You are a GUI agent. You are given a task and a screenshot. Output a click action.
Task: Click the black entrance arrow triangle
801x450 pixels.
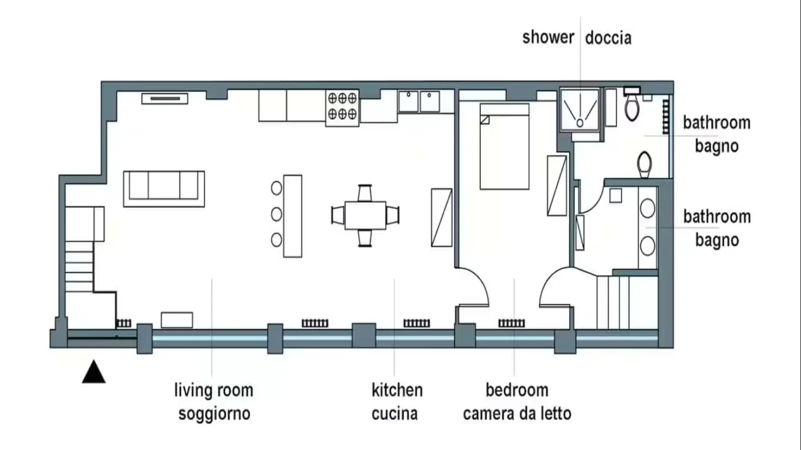point(94,372)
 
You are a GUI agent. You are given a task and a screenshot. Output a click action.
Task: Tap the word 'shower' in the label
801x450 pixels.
point(548,37)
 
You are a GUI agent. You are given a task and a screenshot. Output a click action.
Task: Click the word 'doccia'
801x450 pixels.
point(608,38)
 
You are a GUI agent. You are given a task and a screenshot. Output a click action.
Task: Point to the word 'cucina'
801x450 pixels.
point(395,413)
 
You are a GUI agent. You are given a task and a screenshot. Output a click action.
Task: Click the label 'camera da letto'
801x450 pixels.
point(517,413)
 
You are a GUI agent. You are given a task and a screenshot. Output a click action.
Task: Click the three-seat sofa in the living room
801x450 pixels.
point(164,189)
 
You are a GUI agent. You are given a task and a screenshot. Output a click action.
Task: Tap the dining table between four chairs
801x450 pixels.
point(365,215)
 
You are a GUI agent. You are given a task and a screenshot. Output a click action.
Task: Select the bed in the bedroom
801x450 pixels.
point(505,146)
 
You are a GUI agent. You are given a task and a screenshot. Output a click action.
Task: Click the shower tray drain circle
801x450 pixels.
point(580,123)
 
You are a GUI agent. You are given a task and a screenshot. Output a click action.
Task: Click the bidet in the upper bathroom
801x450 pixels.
point(644,164)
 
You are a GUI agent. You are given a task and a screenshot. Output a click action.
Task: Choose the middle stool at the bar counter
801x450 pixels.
point(276,214)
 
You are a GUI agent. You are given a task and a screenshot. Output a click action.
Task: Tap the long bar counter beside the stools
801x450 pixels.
point(292,216)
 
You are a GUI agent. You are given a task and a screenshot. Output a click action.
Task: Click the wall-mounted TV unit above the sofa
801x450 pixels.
point(165,98)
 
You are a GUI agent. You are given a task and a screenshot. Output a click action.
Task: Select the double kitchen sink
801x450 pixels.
point(419,101)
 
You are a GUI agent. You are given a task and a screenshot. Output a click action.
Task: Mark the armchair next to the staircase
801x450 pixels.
point(85,224)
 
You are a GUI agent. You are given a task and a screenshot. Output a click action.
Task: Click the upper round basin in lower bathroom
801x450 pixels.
point(647,208)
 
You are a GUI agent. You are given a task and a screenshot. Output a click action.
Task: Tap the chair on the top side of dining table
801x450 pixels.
point(365,193)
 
